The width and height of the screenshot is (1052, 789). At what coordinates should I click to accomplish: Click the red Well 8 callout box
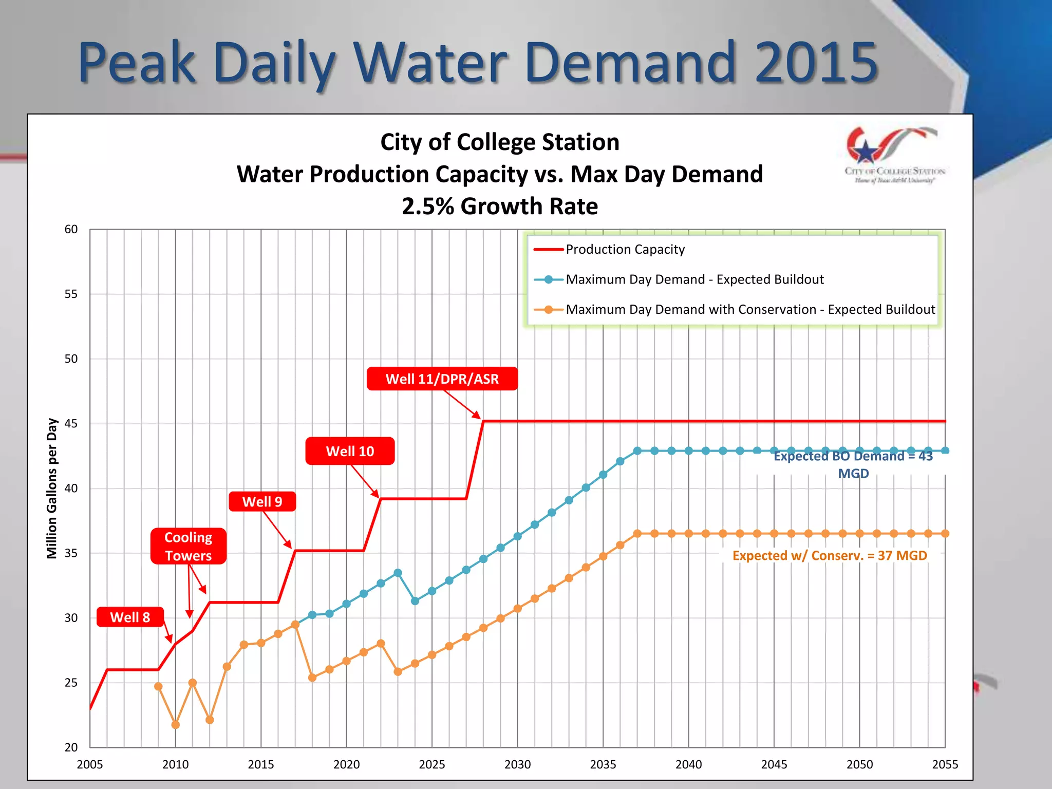(130, 617)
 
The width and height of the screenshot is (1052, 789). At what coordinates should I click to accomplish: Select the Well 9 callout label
(262, 501)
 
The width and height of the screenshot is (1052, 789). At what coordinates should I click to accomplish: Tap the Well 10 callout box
(350, 451)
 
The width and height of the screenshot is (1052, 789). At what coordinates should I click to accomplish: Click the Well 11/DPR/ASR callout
(442, 379)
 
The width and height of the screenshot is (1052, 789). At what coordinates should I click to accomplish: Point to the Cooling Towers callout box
(188, 546)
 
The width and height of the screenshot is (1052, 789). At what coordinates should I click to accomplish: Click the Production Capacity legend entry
(625, 250)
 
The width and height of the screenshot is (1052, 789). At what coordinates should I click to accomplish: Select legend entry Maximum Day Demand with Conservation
(750, 309)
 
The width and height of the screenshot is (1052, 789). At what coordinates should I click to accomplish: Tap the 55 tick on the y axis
(71, 294)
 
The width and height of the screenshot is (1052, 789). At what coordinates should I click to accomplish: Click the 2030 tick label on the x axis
(517, 764)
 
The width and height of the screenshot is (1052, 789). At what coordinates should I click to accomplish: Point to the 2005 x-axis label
(90, 764)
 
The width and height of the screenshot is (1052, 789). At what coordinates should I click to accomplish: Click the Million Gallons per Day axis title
(52, 488)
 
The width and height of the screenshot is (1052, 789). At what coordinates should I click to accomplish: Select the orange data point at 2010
(176, 724)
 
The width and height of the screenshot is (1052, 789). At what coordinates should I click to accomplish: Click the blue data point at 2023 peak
(398, 573)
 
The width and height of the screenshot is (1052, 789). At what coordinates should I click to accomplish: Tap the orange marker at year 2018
(312, 678)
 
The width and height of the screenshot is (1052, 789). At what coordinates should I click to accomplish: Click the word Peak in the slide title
(137, 63)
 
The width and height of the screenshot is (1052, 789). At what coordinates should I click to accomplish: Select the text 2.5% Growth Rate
(499, 206)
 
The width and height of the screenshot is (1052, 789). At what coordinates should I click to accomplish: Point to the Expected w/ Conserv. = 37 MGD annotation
(829, 555)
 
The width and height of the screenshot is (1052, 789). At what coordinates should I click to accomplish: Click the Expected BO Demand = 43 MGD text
(853, 464)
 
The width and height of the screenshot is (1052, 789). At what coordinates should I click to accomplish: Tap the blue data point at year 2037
(637, 450)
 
